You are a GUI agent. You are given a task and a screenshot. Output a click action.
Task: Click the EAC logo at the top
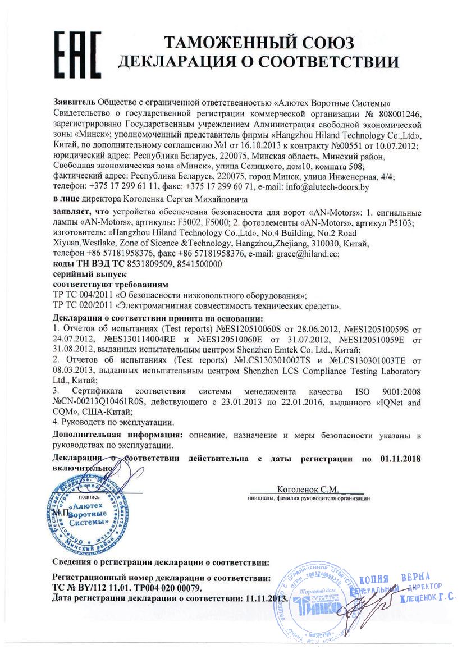pyautogui.click(x=77, y=51)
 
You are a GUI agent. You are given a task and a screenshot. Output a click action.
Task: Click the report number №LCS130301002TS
pyautogui.click(x=279, y=361)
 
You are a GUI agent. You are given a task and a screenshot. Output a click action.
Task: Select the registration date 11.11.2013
pyautogui.click(x=266, y=598)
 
